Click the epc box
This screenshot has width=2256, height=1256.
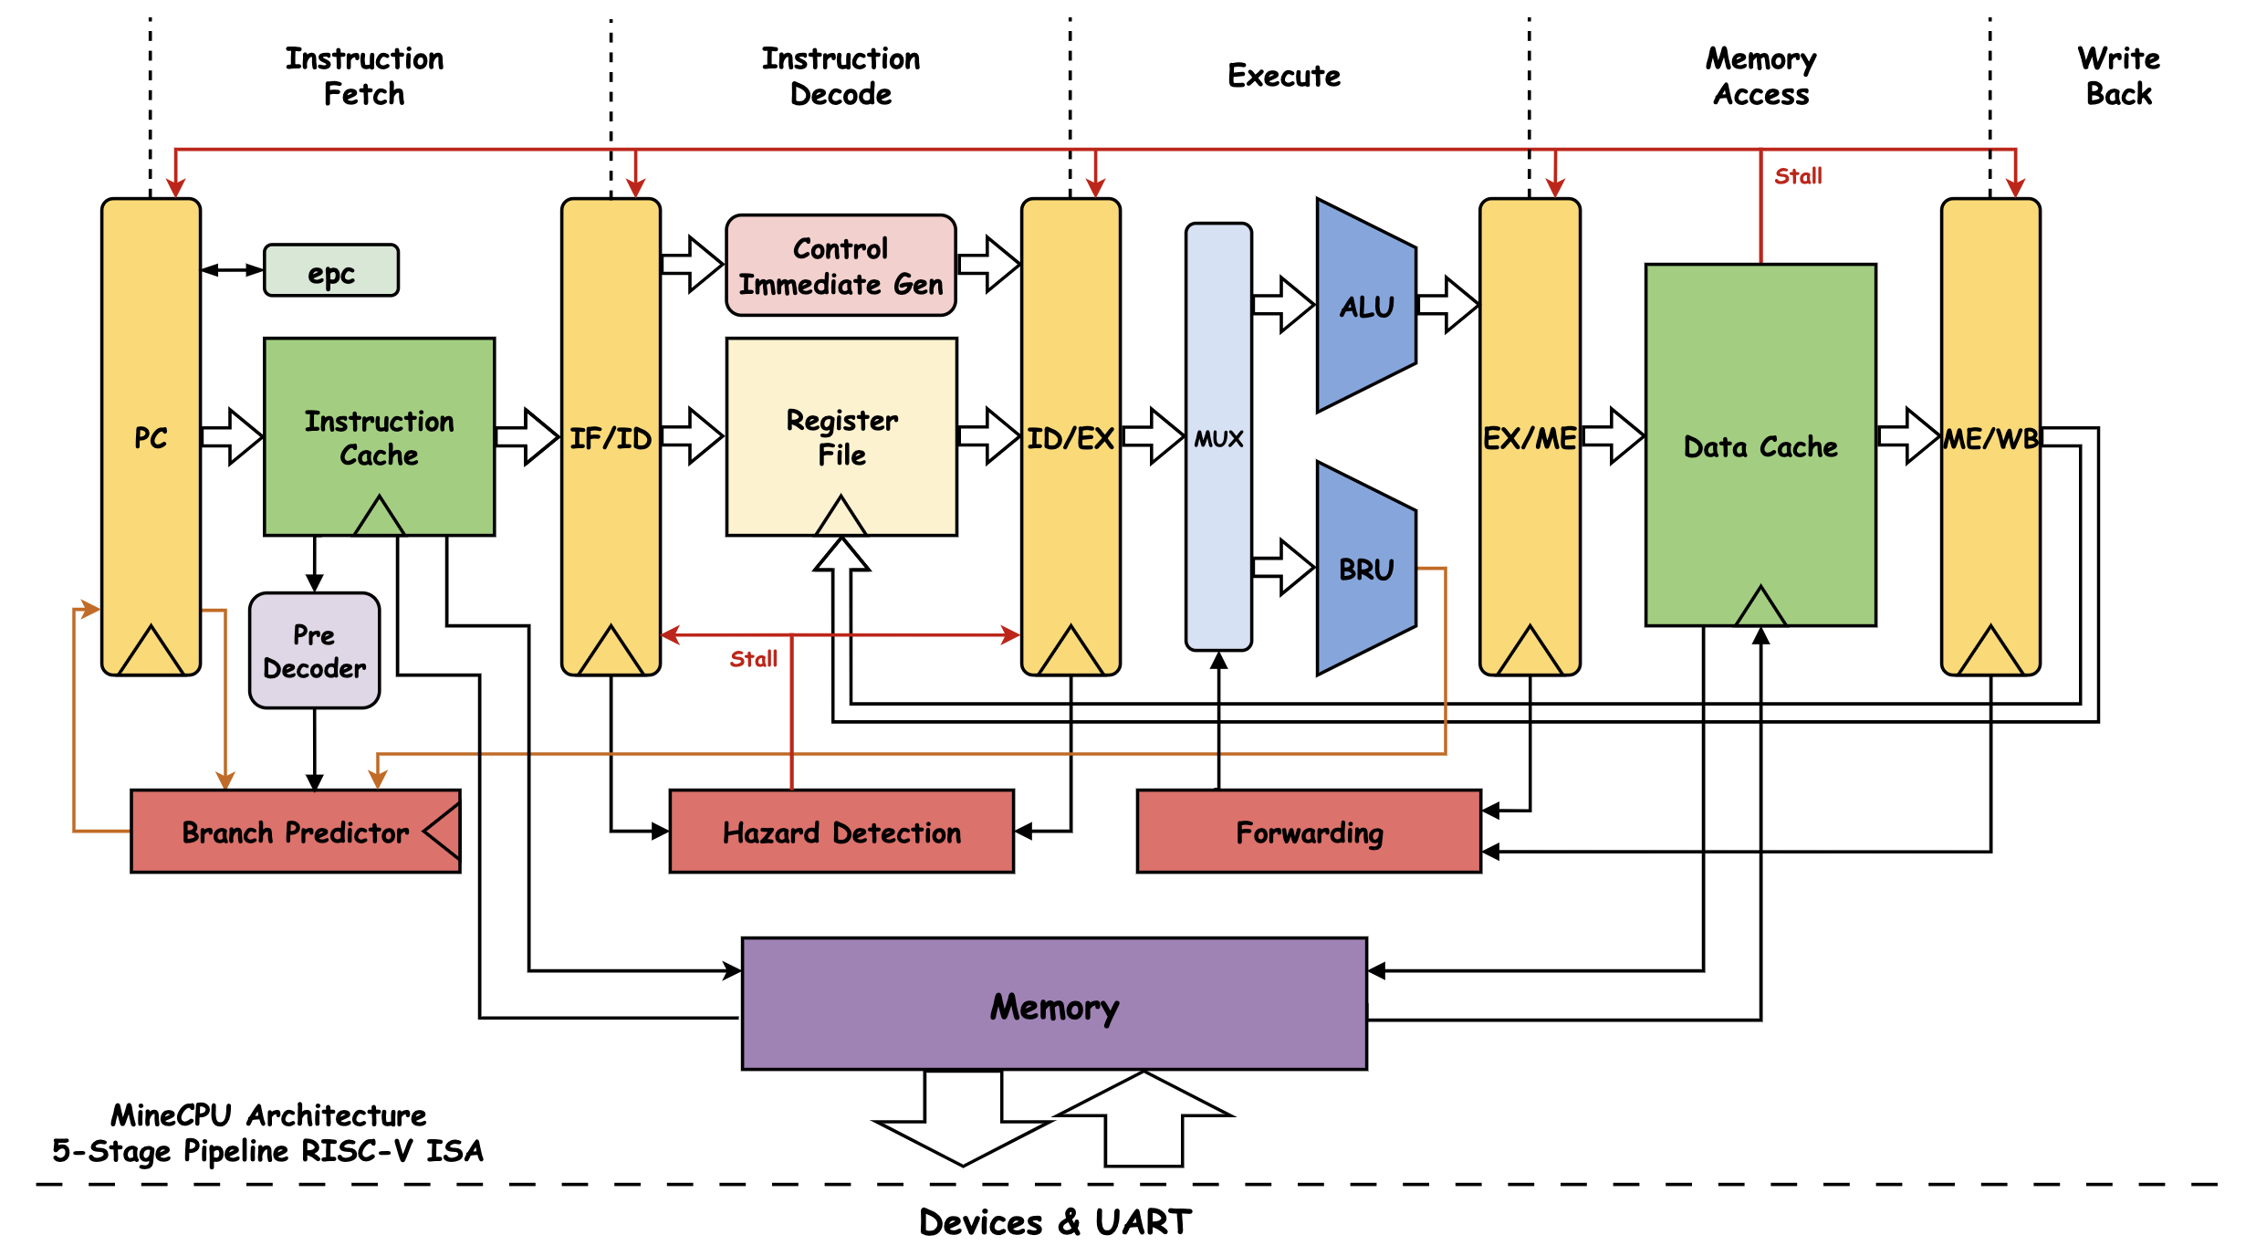pos(331,270)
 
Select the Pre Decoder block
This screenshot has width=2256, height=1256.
pos(315,651)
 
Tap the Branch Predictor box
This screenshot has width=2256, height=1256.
pos(296,832)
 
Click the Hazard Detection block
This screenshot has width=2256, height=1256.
pos(841,832)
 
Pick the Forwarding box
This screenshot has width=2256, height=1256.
pos(1309,832)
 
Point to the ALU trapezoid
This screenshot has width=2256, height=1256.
pos(1366,306)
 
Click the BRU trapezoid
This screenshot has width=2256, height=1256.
pos(1366,569)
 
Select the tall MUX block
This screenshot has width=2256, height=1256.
pos(1218,437)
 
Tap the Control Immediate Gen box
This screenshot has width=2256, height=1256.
pos(841,266)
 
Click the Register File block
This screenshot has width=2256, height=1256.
pos(841,437)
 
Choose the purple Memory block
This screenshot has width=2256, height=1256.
pos(1054,1004)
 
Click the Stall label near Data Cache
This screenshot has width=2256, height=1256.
pos(1798,176)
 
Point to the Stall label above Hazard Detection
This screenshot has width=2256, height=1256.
pos(754,659)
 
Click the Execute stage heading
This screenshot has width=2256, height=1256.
pos(1284,76)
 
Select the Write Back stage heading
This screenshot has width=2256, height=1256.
pos(2119,76)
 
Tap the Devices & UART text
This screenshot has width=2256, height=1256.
pos(1055,1222)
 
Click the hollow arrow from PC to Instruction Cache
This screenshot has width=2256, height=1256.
pos(232,437)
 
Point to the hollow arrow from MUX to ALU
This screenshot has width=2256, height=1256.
pos(1284,305)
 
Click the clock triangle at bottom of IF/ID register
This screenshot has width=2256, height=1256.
pos(611,651)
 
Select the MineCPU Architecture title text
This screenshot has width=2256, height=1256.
pos(268,1115)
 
